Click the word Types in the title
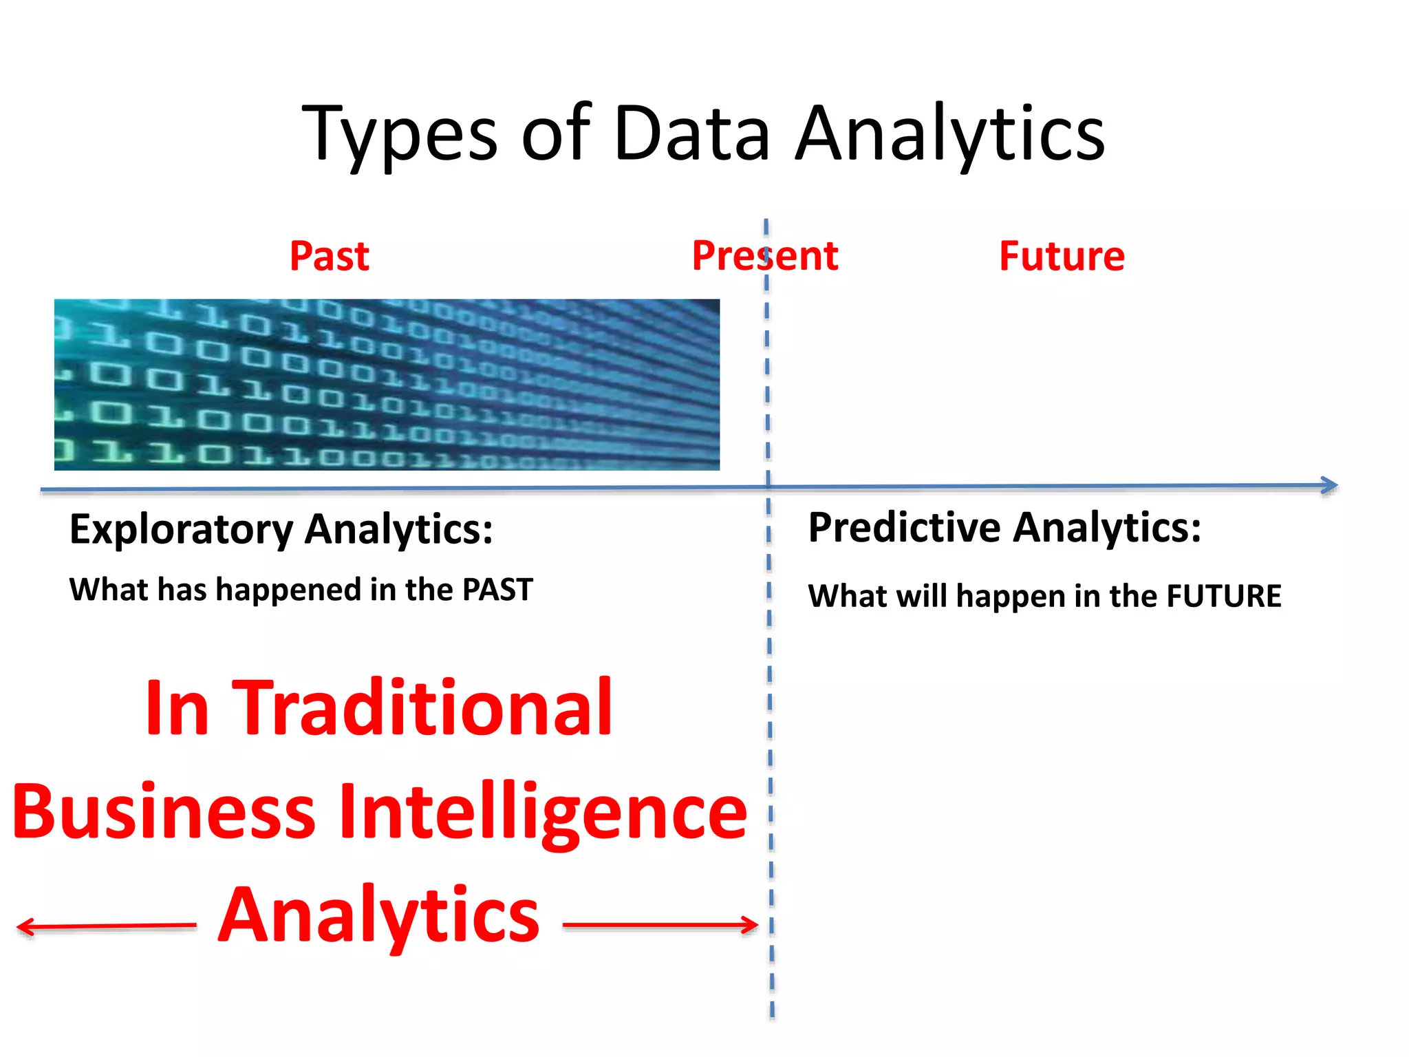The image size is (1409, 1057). coord(399,134)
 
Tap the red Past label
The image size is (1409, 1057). coord(330,257)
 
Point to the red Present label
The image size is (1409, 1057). coord(765,256)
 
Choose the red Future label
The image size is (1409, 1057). coord(1062,257)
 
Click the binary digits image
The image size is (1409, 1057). coord(387,385)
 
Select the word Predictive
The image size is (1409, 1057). coord(904,528)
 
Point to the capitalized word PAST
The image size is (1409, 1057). coord(497,590)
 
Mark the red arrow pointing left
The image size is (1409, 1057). coord(103,926)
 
